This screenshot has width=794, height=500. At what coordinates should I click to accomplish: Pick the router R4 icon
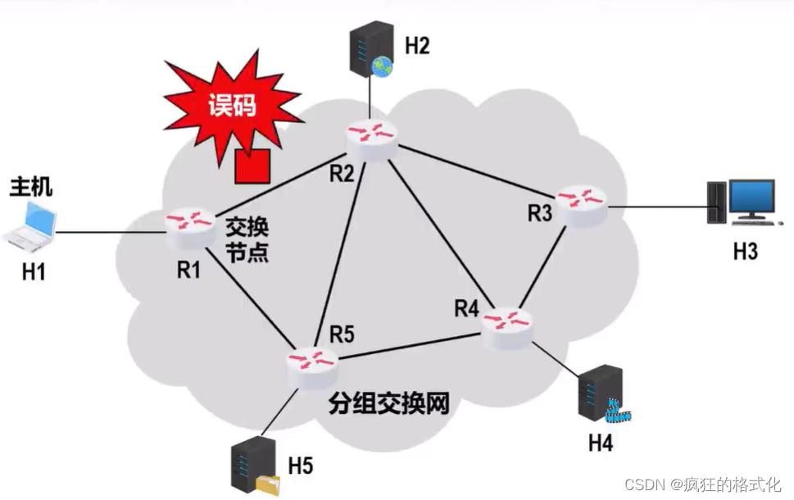506,321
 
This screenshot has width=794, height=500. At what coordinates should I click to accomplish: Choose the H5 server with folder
252,468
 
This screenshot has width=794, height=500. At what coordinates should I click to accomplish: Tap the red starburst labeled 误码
230,107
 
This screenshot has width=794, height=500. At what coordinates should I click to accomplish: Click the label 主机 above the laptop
31,186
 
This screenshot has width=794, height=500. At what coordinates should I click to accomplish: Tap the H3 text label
745,250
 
